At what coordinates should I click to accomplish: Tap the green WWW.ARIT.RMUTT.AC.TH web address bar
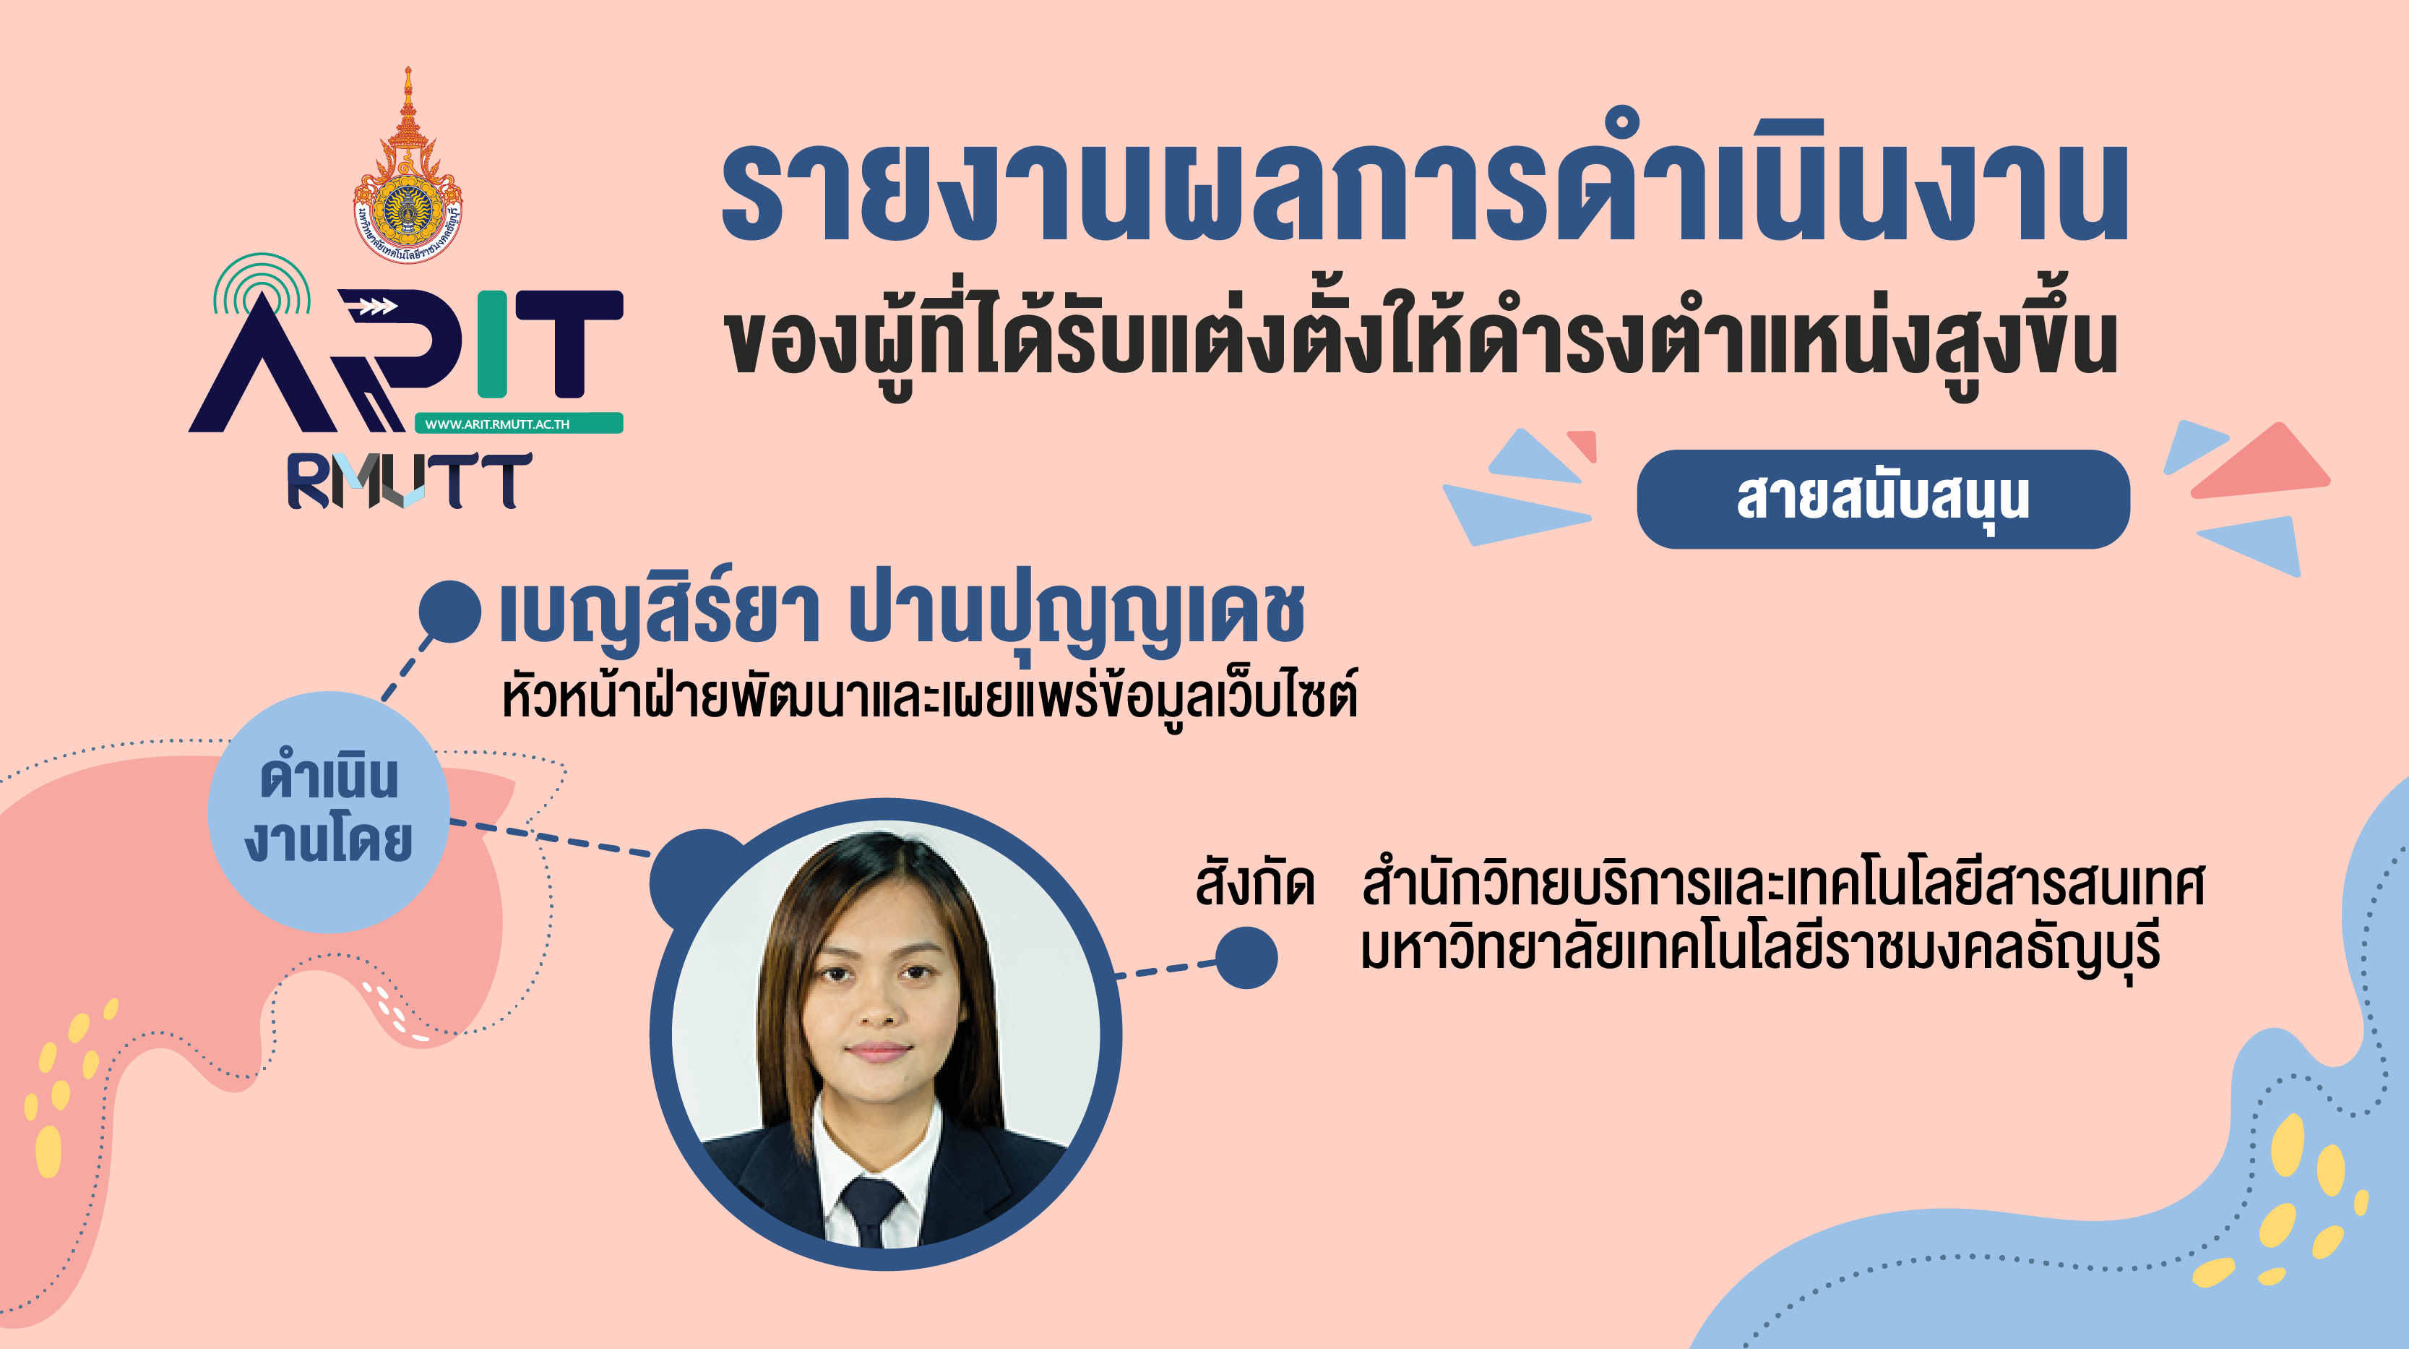(x=519, y=423)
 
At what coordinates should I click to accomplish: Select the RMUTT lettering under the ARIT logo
(x=410, y=481)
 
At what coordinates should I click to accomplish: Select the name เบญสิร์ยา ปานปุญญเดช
(x=902, y=613)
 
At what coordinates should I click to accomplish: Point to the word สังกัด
(x=1255, y=883)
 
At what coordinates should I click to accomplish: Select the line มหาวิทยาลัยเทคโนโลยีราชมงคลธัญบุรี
(x=1760, y=949)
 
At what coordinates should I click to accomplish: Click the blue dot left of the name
(x=450, y=612)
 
